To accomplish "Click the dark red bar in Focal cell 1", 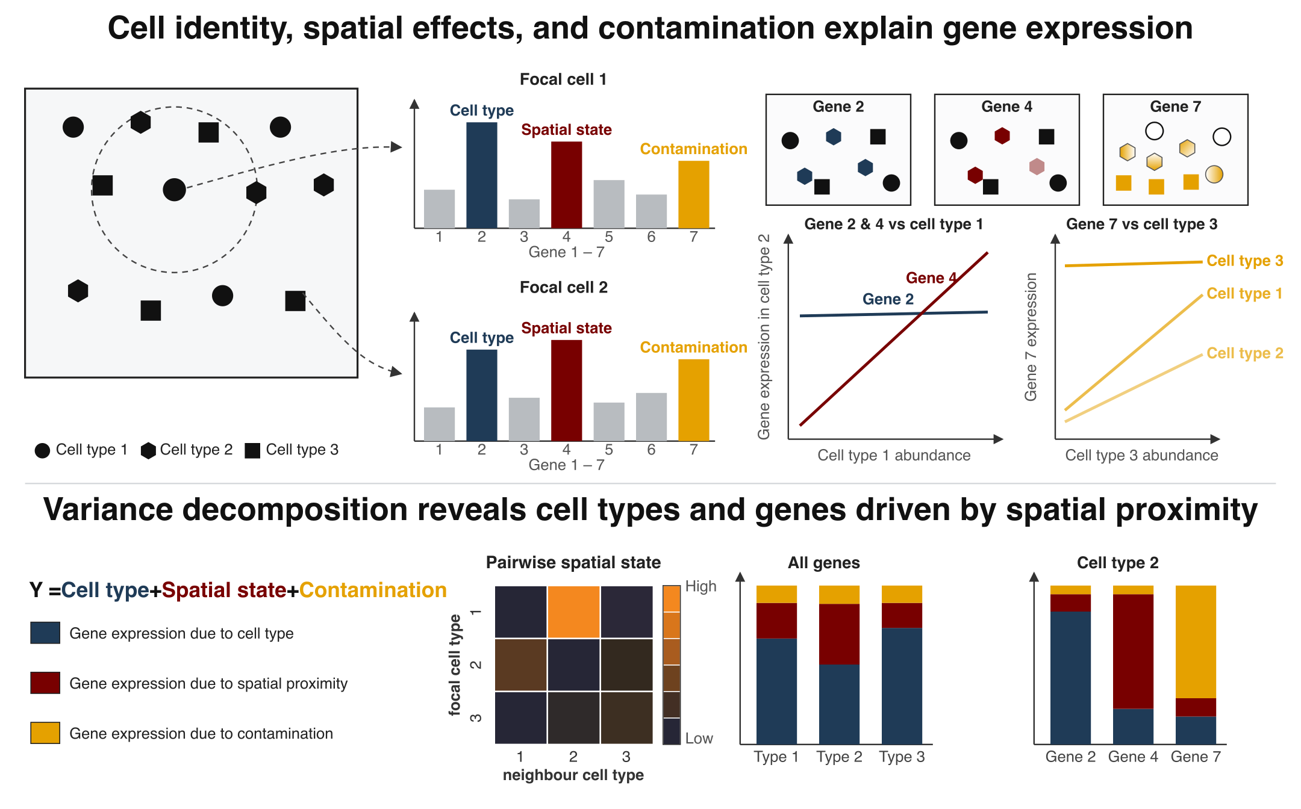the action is coord(566,185).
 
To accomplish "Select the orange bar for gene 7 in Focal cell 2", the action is coord(693,400).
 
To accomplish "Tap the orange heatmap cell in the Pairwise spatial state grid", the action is coord(573,612).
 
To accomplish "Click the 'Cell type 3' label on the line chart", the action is coord(1244,261).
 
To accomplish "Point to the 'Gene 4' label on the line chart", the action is coord(931,278).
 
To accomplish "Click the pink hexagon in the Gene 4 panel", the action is coord(1036,167).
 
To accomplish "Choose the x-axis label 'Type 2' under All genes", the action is coord(839,757).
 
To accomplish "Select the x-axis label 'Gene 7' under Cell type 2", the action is coord(1196,757).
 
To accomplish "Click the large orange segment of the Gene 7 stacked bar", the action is coord(1196,642).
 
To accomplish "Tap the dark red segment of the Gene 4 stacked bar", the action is coord(1133,651).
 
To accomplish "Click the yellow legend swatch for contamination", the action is coord(45,733).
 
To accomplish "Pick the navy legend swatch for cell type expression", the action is coord(45,633).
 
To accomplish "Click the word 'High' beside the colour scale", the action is coord(700,586).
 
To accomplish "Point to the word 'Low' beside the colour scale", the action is coord(699,739).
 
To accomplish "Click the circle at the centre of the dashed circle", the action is coord(174,190).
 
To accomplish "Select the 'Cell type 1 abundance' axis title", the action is coord(894,455).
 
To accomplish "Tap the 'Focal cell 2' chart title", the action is coord(564,287).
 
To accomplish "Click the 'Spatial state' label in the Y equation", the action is coord(224,590).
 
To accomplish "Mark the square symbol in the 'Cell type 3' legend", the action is coord(252,450).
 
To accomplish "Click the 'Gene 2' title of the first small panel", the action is coord(838,107).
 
